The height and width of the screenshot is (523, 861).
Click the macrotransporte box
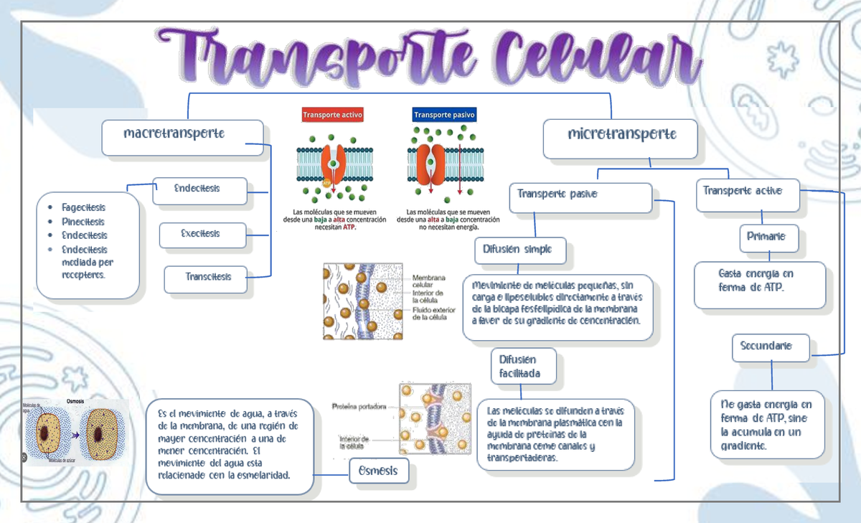click(x=182, y=137)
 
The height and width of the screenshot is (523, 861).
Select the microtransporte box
click(x=621, y=138)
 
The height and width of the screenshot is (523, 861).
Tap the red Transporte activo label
click(x=333, y=115)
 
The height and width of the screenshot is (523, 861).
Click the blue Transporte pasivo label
click(x=444, y=115)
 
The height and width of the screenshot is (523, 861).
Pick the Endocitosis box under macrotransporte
click(x=200, y=191)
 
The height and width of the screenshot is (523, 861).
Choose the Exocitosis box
click(x=203, y=235)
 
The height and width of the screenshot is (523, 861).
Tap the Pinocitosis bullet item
click(x=83, y=222)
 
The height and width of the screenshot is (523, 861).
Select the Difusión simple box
click(x=521, y=251)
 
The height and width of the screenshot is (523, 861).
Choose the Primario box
click(x=768, y=237)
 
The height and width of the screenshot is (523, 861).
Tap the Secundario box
click(x=771, y=347)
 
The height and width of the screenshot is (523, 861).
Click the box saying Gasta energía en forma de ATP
click(x=759, y=283)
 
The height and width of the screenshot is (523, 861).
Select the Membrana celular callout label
click(x=429, y=281)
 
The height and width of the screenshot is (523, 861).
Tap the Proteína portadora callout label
click(x=359, y=407)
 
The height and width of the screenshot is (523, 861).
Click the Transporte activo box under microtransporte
click(x=747, y=194)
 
